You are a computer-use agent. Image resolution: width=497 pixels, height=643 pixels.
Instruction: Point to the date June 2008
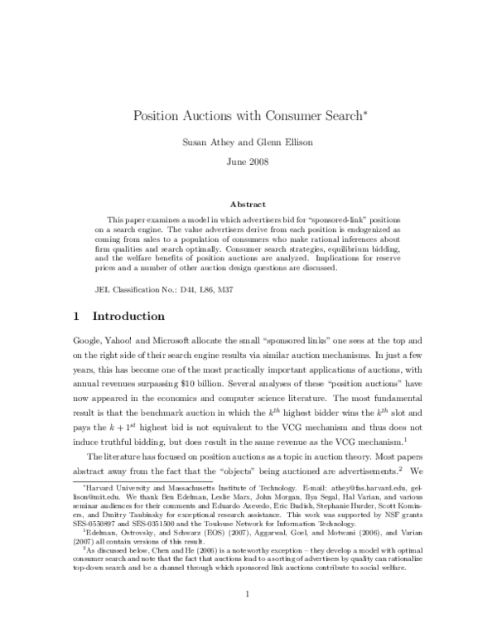click(x=248, y=160)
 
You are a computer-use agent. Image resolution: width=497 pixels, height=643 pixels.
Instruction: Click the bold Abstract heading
click(x=248, y=204)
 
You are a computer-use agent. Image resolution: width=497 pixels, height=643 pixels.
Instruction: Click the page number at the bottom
click(x=248, y=617)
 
